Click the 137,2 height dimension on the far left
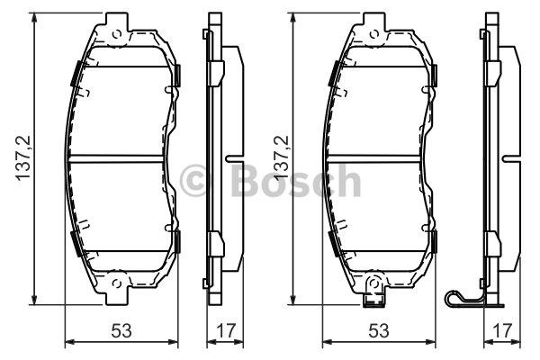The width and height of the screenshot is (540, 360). (x=23, y=157)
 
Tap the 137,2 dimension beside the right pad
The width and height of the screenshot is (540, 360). (x=281, y=157)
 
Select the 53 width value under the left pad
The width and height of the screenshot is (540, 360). (x=121, y=330)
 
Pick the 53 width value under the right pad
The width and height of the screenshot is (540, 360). (x=379, y=330)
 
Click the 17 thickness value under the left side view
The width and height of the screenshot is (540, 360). (x=226, y=330)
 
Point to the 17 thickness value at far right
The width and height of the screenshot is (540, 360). (x=502, y=330)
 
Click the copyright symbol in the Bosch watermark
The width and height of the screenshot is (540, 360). (x=194, y=180)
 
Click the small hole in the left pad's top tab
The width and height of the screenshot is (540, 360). (x=117, y=34)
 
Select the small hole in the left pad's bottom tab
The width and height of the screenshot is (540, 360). (x=117, y=283)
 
